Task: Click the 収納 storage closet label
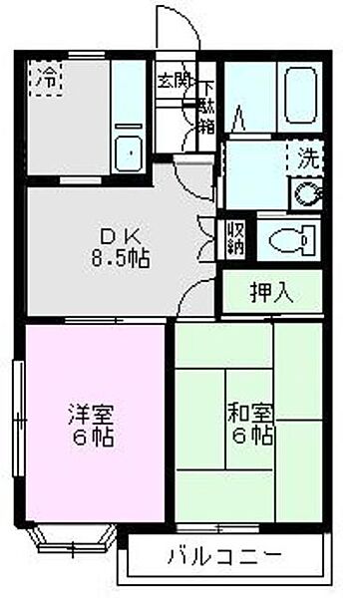[x=235, y=237]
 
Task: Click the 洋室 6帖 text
[x=89, y=425]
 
